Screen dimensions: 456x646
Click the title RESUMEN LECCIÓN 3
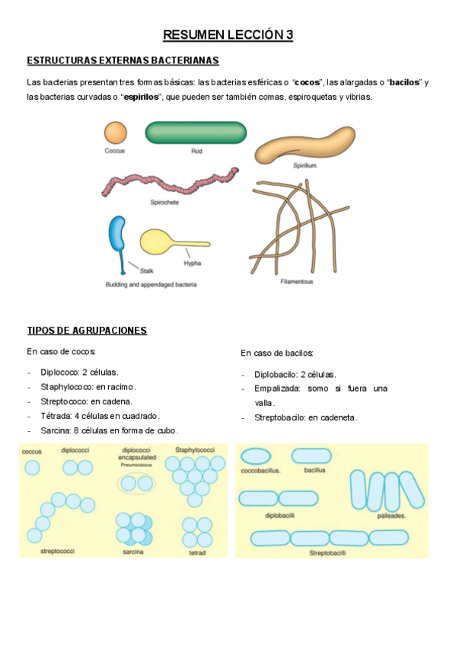(x=228, y=35)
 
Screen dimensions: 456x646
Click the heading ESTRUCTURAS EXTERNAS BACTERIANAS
(x=123, y=60)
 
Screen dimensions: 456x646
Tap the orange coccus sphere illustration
(x=115, y=133)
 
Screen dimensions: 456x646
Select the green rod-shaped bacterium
(x=196, y=133)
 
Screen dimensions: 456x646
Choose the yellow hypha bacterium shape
(x=168, y=241)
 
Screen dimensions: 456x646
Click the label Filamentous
(x=296, y=281)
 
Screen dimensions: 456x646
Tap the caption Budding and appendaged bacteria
(x=151, y=285)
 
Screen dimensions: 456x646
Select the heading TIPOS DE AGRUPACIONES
(x=87, y=331)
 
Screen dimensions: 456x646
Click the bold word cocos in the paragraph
(x=307, y=82)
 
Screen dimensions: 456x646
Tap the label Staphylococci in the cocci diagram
(x=196, y=450)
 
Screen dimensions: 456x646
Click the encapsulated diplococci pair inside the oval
(x=135, y=483)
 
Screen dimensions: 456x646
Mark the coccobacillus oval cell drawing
(x=256, y=456)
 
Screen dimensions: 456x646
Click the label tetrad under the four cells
(x=197, y=552)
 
